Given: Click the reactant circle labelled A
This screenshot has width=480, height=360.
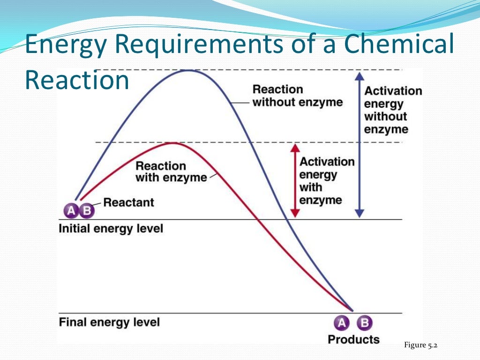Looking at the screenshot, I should [x=71, y=211].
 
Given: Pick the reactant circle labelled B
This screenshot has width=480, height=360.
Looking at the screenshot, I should [x=86, y=211].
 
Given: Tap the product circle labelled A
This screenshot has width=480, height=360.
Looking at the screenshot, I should [x=342, y=322].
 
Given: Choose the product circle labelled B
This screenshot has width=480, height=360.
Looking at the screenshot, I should [x=365, y=322].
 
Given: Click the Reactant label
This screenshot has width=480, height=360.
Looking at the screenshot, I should [x=128, y=202].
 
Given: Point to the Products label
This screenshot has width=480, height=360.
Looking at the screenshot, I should [x=353, y=339].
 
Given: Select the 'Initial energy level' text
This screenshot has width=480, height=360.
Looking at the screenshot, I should [x=111, y=229].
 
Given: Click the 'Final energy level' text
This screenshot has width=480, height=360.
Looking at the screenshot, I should [x=109, y=322].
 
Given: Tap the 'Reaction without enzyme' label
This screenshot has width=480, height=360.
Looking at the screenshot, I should [x=297, y=96].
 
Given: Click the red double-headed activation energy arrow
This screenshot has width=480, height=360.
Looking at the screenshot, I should [x=294, y=180].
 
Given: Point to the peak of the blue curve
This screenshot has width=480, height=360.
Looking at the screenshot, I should [x=189, y=70].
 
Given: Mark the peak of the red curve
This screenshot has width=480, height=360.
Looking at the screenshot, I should [x=173, y=143].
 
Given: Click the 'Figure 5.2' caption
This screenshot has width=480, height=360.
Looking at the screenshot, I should [x=420, y=345].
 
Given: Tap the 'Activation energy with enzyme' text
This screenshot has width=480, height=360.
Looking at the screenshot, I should [x=327, y=181].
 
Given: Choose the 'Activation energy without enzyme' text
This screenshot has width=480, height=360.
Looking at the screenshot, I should [x=393, y=110].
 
